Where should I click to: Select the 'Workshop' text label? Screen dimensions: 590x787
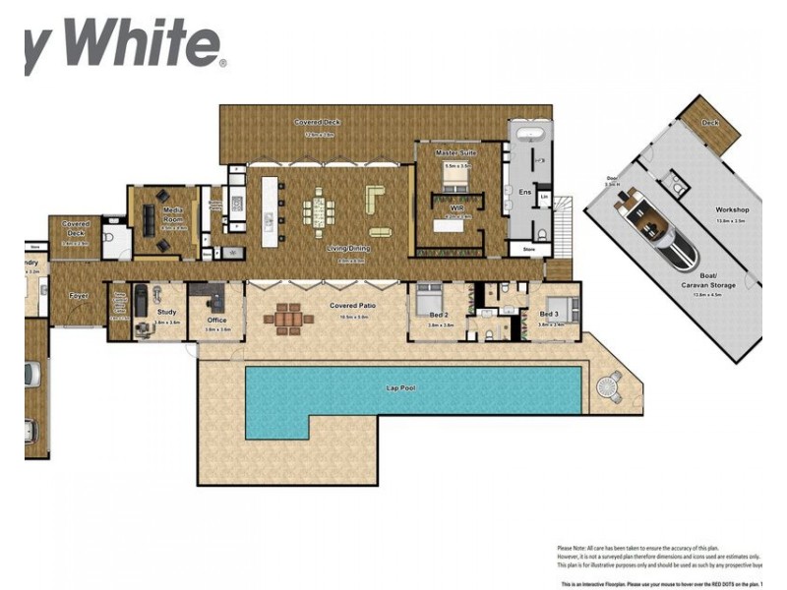point(732,209)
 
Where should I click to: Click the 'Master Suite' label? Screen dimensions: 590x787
point(456,153)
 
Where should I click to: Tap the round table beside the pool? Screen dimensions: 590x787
point(611,386)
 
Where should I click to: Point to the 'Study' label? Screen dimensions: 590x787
point(166,312)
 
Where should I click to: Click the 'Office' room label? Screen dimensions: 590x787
point(217,319)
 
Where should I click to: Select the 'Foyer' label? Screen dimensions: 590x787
point(79,295)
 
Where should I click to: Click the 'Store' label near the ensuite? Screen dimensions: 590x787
point(528,251)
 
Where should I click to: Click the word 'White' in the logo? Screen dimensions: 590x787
point(148,44)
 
